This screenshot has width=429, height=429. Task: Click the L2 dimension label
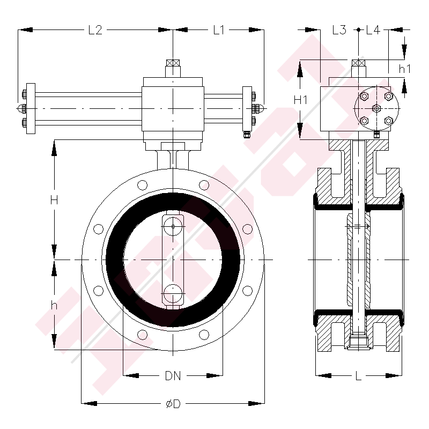pos(95,31)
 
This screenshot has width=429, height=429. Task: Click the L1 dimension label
pos(218,31)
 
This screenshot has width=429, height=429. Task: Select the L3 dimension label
pos(339,31)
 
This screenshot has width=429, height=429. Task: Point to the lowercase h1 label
pos(404,68)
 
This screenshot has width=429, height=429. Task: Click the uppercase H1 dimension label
pos(300,100)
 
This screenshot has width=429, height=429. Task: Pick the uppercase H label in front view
pos(54,200)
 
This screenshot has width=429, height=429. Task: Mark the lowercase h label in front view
pos(54,305)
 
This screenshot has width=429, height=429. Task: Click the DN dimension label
pos(173,376)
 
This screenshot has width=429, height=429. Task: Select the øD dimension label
pos(173,404)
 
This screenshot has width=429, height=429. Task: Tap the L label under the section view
pos(358,376)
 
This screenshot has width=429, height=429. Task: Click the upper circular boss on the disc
pos(173,226)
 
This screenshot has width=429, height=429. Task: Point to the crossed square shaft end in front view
pos(173,63)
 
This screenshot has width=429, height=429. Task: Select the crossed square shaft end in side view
pos(358,63)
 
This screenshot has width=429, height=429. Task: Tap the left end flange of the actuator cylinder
pos(31,109)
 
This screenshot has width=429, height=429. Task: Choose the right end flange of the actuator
pos(247,109)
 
